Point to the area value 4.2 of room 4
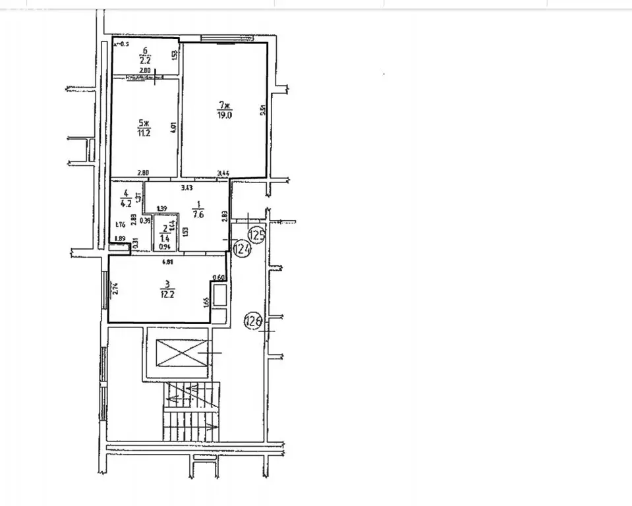tap(123, 203)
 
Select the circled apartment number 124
tap(242, 248)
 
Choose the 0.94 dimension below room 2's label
tap(164, 248)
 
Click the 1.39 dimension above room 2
tap(161, 209)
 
